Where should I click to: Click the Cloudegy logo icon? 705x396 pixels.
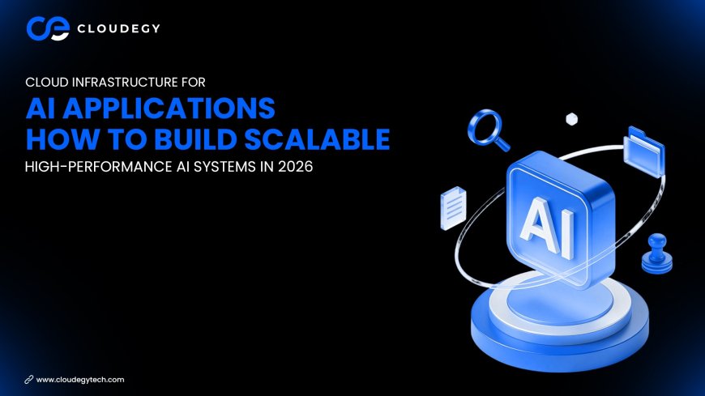[x=42, y=28]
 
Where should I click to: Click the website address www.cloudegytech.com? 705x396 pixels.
[x=80, y=379]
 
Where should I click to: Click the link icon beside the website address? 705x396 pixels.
[x=29, y=379]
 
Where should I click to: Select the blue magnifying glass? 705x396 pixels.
[x=489, y=130]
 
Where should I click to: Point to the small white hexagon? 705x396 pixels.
[x=571, y=118]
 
